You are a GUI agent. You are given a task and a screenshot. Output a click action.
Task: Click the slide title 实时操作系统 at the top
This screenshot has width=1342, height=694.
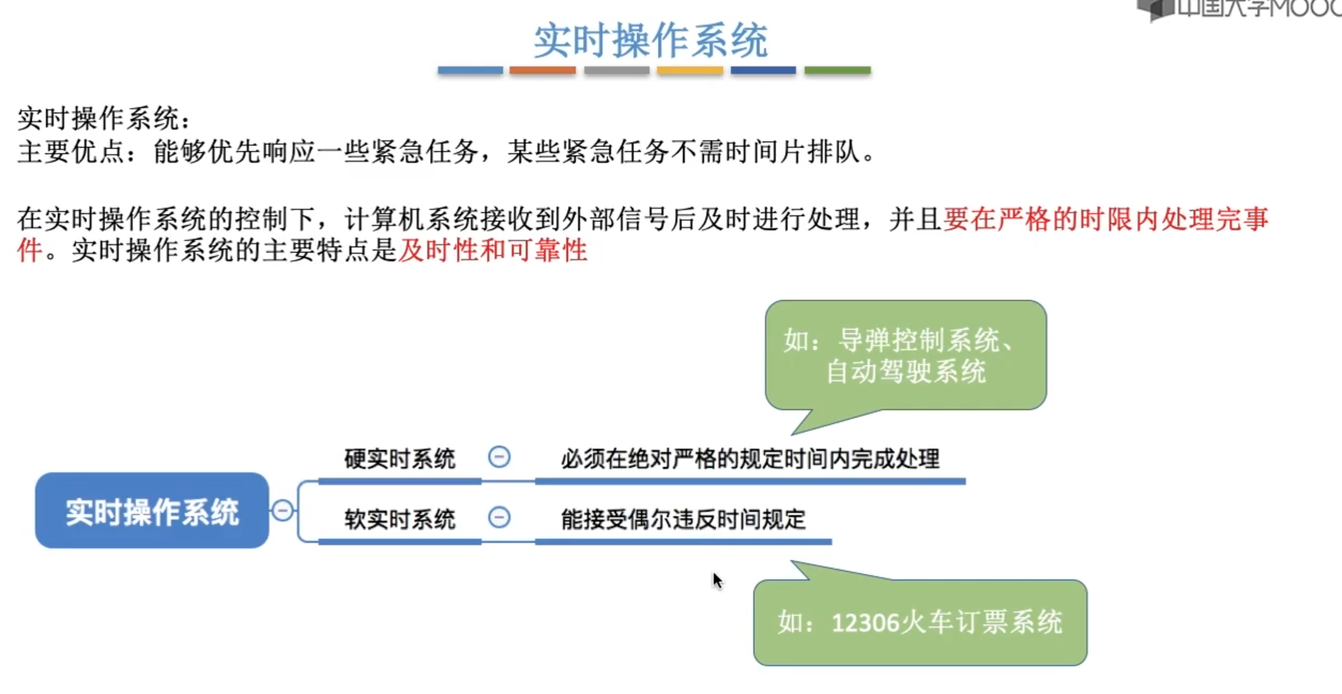[x=651, y=40]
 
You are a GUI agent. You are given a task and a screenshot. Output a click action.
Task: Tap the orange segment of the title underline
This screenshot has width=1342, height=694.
[x=542, y=70]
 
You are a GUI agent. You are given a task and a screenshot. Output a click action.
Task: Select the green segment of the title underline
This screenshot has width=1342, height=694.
[x=837, y=70]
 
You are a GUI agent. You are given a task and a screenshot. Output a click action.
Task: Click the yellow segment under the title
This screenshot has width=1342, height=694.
[x=690, y=70]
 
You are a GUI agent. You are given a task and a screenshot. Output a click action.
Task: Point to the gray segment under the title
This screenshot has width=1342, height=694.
[x=616, y=70]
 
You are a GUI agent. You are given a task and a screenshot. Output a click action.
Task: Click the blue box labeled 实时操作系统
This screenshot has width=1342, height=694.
[x=152, y=510]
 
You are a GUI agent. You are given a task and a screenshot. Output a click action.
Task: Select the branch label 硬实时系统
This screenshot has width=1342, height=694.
[x=399, y=459]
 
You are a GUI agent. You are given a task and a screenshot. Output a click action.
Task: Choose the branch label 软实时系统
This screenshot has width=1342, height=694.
[x=399, y=519]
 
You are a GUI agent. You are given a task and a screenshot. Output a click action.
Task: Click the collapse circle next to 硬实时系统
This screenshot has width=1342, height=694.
[x=499, y=457]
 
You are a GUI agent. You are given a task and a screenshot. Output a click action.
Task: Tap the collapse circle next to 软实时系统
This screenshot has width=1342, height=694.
[x=499, y=517]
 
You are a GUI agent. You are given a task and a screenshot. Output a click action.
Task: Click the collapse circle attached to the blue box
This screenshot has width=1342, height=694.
[x=283, y=510]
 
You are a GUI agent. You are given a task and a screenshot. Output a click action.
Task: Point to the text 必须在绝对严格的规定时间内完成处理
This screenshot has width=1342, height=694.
[x=750, y=459]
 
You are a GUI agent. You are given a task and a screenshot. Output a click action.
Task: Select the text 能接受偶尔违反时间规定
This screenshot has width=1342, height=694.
[x=683, y=519]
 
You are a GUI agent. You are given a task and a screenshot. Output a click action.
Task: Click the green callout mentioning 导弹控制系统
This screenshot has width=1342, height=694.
[x=905, y=355]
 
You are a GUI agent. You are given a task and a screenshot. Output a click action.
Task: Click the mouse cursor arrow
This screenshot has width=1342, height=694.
[x=716, y=579]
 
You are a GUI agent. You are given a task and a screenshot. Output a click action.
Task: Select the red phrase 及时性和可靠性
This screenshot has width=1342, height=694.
[x=493, y=250]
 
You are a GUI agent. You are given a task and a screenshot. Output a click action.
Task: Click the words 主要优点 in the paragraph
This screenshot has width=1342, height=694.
[x=71, y=152]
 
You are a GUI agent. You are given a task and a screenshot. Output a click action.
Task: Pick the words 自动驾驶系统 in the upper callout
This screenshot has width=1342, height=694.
[x=905, y=371]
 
